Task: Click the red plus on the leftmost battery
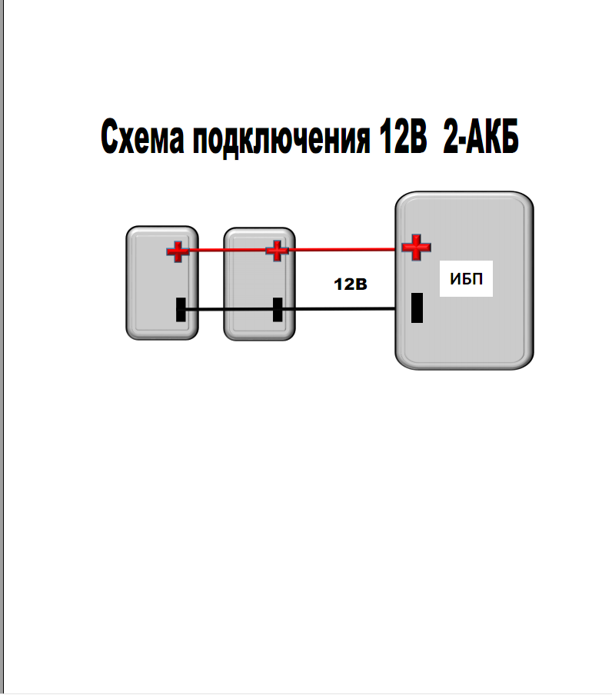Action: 178,251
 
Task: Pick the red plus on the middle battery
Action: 276,250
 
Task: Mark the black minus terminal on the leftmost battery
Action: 181,309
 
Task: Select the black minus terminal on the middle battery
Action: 278,309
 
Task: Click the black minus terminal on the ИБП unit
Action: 417,308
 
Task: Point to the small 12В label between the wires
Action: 351,284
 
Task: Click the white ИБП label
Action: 467,278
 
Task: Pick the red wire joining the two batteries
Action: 227,250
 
